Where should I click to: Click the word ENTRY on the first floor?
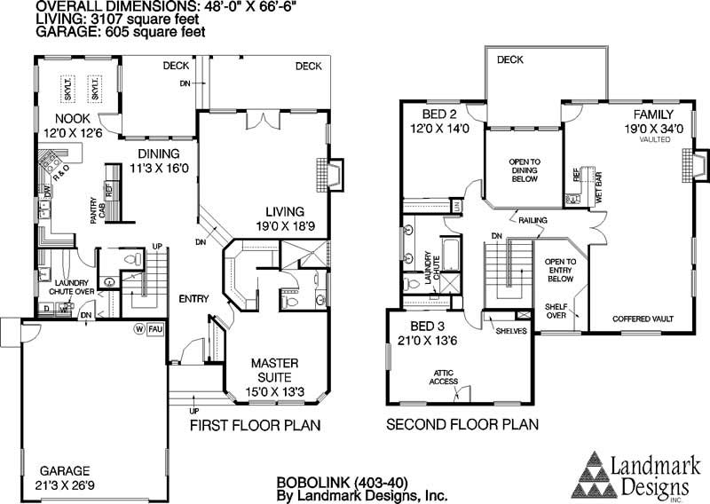pos(193,298)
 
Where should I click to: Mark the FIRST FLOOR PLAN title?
pos(256,425)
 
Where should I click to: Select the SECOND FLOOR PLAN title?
pos(462,425)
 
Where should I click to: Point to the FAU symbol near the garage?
pos(154,328)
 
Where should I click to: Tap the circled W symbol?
pos(138,328)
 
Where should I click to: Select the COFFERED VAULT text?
pos(643,318)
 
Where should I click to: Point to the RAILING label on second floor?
pos(533,219)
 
